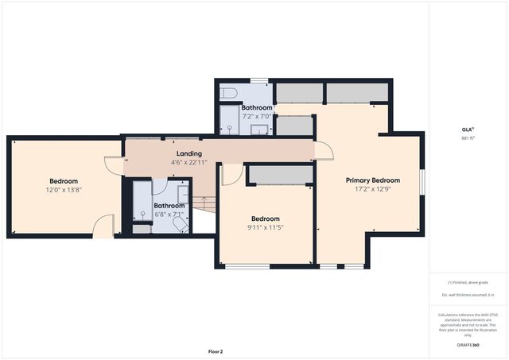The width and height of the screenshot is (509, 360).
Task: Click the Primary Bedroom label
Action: (372, 180)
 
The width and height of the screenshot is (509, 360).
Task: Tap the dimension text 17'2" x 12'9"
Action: (372, 190)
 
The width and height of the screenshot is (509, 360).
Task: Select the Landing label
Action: (188, 153)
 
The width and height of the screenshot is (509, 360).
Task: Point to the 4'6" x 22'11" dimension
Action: (188, 163)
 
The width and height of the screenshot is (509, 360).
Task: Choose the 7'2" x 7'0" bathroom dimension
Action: (257, 117)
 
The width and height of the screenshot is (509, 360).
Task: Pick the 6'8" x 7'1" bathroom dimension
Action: (169, 215)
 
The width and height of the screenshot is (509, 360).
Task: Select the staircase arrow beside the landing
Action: (204, 203)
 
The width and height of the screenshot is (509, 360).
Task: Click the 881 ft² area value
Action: (468, 138)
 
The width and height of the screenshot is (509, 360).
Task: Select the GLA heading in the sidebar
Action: (468, 129)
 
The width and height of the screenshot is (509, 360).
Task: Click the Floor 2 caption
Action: (216, 350)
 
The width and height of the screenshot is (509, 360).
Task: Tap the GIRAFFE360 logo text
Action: (468, 346)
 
